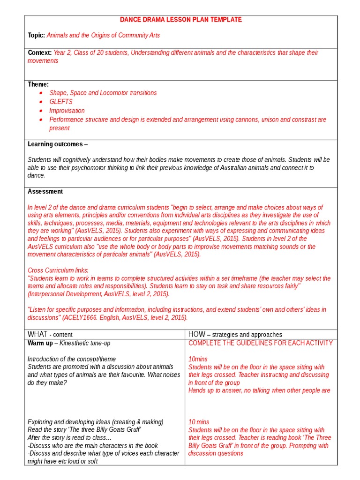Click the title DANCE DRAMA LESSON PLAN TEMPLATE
(x=181, y=20)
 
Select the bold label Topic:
(x=37, y=36)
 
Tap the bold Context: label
(x=40, y=53)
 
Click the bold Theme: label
(x=38, y=84)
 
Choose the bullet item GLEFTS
(x=61, y=102)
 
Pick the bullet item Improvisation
(x=67, y=111)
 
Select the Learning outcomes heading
(x=55, y=144)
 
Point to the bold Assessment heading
(x=45, y=191)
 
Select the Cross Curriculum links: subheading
(x=58, y=270)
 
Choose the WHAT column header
(x=37, y=334)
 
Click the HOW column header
(x=196, y=334)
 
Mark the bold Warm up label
(x=39, y=344)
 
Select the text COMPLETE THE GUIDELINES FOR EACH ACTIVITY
(x=261, y=343)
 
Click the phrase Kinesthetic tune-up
(x=85, y=344)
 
